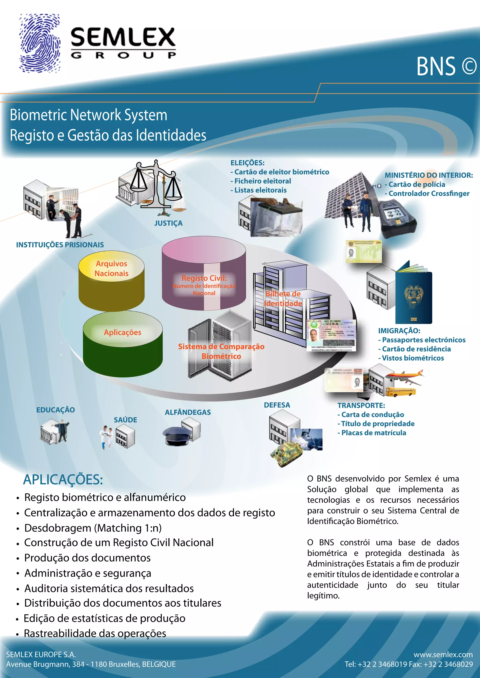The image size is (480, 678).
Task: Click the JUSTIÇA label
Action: (168, 223)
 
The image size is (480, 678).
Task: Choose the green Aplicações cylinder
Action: (123, 346)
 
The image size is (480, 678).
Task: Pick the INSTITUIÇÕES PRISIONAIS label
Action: (60, 245)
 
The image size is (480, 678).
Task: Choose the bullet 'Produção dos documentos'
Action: (87, 558)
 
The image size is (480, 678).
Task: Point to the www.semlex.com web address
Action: (443, 654)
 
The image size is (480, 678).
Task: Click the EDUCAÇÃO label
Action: (56, 410)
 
